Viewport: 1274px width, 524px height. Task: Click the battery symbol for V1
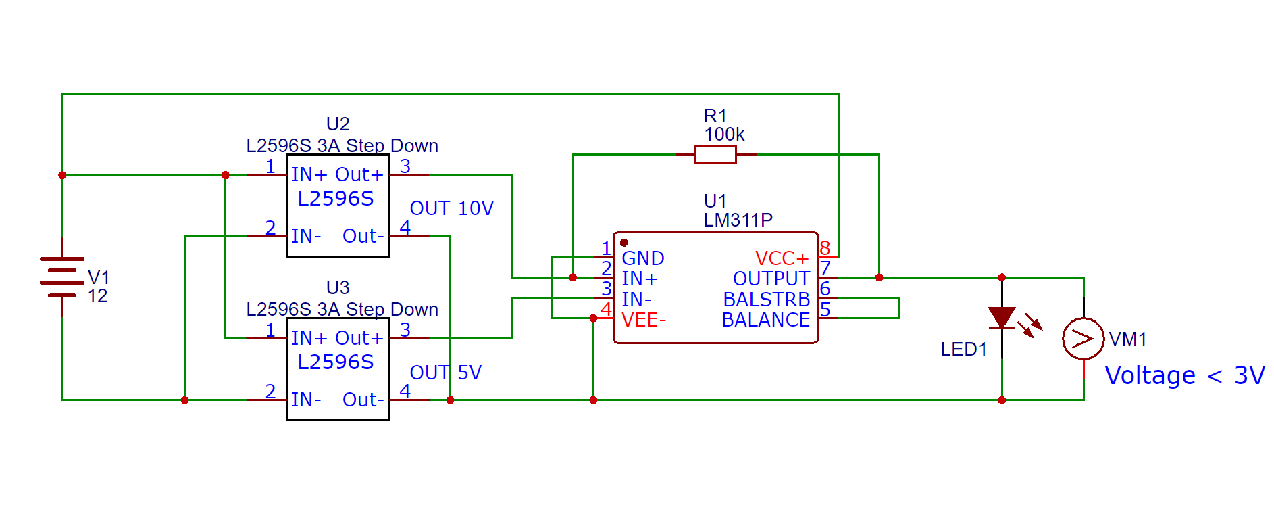pyautogui.click(x=62, y=277)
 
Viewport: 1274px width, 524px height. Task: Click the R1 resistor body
pyautogui.click(x=715, y=155)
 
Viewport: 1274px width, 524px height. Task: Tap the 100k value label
pyautogui.click(x=724, y=135)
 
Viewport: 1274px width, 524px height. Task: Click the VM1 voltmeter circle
pyautogui.click(x=1083, y=338)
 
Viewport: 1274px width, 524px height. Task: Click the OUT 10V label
pyautogui.click(x=451, y=208)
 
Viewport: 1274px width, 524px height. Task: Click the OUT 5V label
pyautogui.click(x=445, y=373)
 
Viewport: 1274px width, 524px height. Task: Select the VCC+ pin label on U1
pyautogui.click(x=782, y=258)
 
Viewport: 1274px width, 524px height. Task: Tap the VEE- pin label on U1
pyautogui.click(x=643, y=320)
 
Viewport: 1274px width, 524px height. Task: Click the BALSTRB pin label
pyautogui.click(x=766, y=300)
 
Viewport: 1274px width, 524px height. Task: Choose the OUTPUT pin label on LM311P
pyautogui.click(x=771, y=279)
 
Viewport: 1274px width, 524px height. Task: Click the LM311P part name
pyautogui.click(x=738, y=220)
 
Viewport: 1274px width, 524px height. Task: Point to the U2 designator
pyautogui.click(x=338, y=124)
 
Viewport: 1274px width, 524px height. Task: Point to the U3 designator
pyautogui.click(x=338, y=288)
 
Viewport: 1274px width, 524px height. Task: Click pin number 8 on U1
pyautogui.click(x=825, y=248)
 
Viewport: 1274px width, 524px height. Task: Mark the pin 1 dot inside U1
pyautogui.click(x=624, y=243)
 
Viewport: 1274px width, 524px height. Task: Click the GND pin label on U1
pyautogui.click(x=642, y=258)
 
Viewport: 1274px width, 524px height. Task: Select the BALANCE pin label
pyautogui.click(x=765, y=320)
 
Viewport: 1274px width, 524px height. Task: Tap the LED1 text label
pyautogui.click(x=963, y=350)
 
